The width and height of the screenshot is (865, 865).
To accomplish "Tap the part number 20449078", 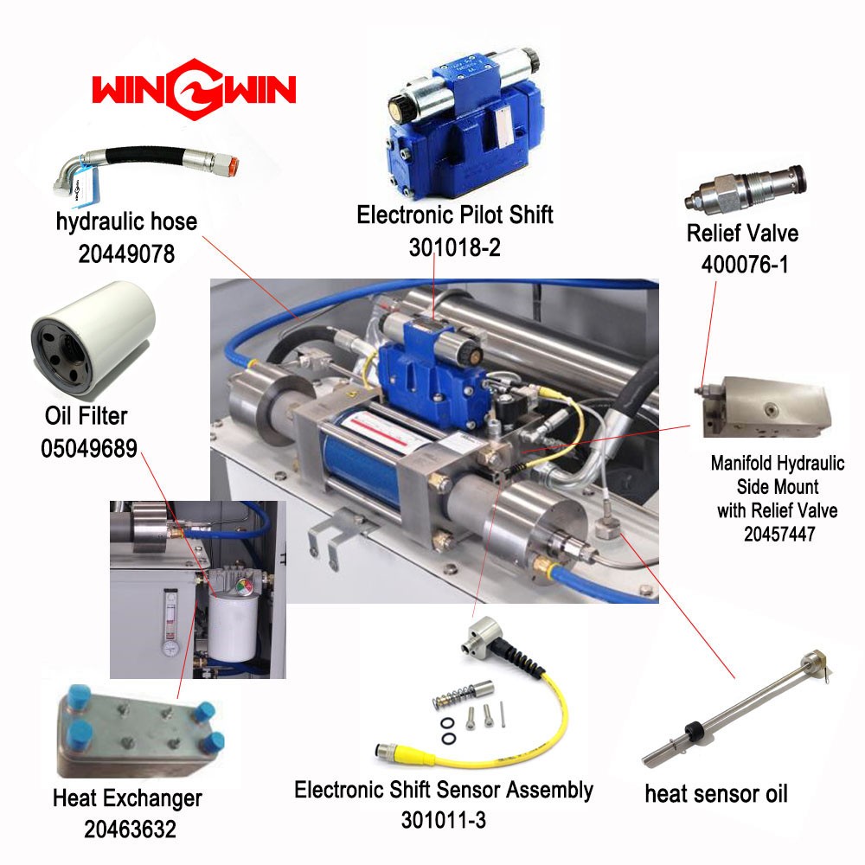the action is (x=126, y=253).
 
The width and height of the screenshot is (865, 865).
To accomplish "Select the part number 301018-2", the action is (x=455, y=247).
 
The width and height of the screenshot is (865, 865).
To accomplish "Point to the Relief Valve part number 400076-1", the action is (x=744, y=264).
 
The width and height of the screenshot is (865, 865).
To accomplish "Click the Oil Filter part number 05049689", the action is (x=89, y=448).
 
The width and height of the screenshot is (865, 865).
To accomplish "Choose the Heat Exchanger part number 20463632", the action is (x=130, y=829).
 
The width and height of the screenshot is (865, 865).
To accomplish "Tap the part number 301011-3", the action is (x=444, y=820).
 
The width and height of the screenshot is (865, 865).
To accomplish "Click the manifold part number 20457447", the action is (x=779, y=534).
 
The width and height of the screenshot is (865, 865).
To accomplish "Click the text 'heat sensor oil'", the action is (x=716, y=794).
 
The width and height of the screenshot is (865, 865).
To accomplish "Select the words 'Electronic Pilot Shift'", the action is (x=455, y=215).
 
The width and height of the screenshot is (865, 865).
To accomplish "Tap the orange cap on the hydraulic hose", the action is (x=232, y=164).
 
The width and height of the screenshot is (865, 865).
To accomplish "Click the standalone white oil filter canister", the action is (x=93, y=337).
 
